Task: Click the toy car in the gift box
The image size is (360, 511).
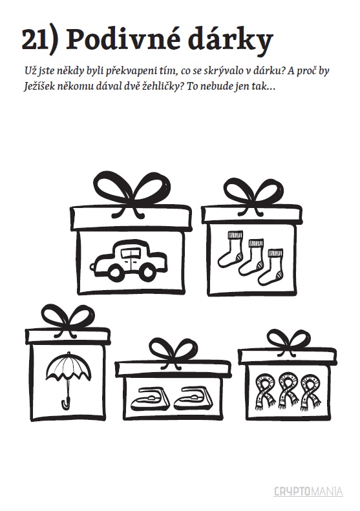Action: pos(129,260)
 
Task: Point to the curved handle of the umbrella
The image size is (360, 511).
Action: pos(66,402)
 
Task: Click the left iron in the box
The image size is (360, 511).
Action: pos(151,398)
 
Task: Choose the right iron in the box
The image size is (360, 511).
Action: pos(193,398)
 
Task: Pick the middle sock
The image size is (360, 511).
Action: pos(251,258)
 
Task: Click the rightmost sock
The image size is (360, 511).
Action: pos(271,267)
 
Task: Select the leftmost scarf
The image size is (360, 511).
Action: pos(266,392)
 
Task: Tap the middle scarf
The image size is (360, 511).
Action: pos(288,392)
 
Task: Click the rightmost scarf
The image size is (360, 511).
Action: pos(310,392)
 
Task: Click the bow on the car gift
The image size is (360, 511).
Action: pos(132,193)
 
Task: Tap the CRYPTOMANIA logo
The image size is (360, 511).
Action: pos(308,491)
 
